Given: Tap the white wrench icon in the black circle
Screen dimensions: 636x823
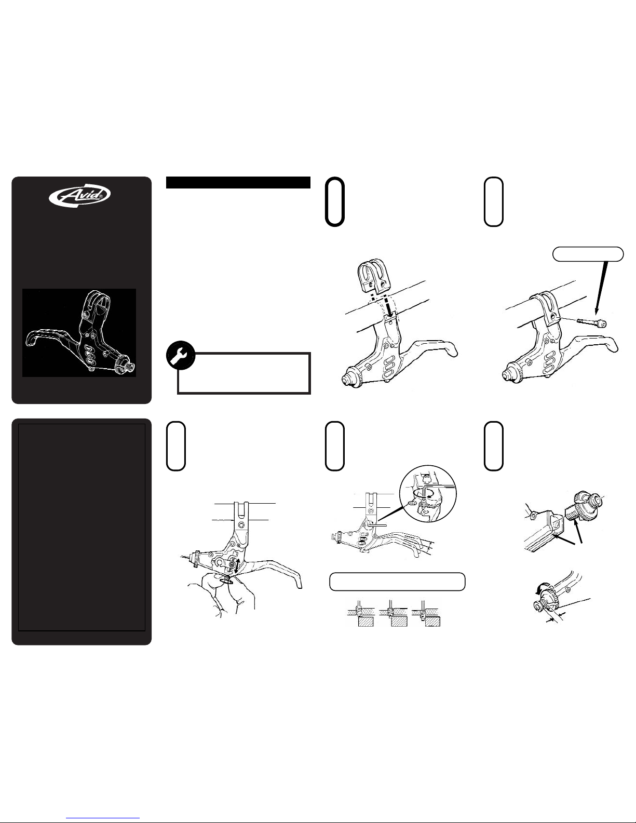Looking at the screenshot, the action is tap(181, 355).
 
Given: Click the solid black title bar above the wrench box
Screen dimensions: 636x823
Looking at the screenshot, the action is tap(238, 182).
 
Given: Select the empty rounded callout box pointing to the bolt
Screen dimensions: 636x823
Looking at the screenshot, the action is tap(588, 254).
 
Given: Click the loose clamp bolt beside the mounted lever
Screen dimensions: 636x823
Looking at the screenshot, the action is tap(591, 322).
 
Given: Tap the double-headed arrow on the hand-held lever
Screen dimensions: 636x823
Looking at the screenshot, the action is tap(236, 566).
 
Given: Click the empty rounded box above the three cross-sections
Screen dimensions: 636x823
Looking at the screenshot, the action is tap(397, 582).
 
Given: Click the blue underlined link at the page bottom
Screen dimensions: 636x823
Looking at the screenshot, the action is tap(103, 819).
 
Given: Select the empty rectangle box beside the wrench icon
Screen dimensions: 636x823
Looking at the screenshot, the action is tap(244, 373).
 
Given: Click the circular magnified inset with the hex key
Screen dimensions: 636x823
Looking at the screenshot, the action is tap(428, 494).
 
